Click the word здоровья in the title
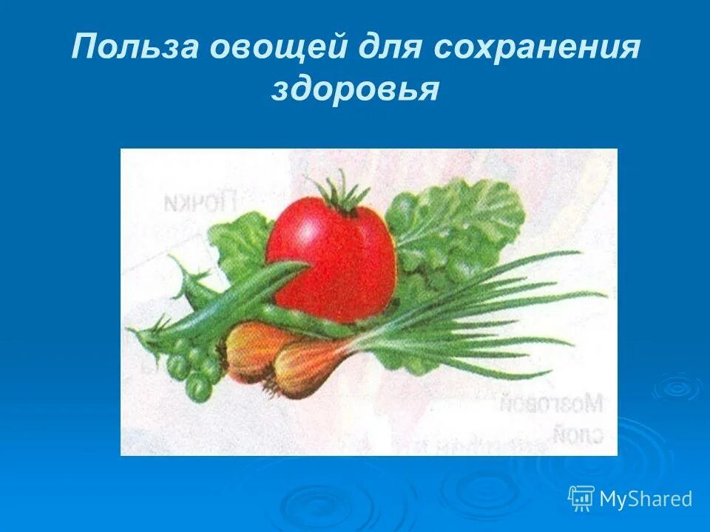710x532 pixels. click(355, 90)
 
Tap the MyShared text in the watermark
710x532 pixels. click(646, 499)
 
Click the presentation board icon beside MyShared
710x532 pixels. click(581, 499)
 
